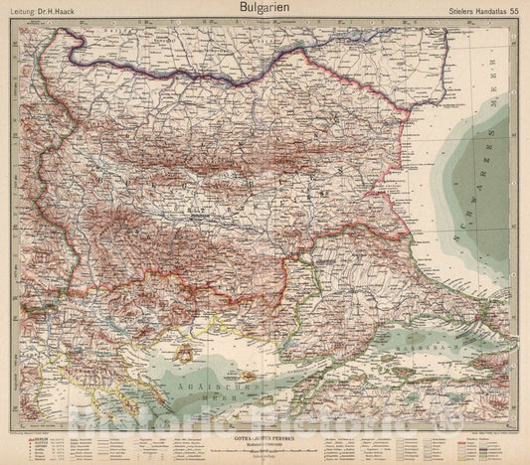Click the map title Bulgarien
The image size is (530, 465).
tap(265, 8)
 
